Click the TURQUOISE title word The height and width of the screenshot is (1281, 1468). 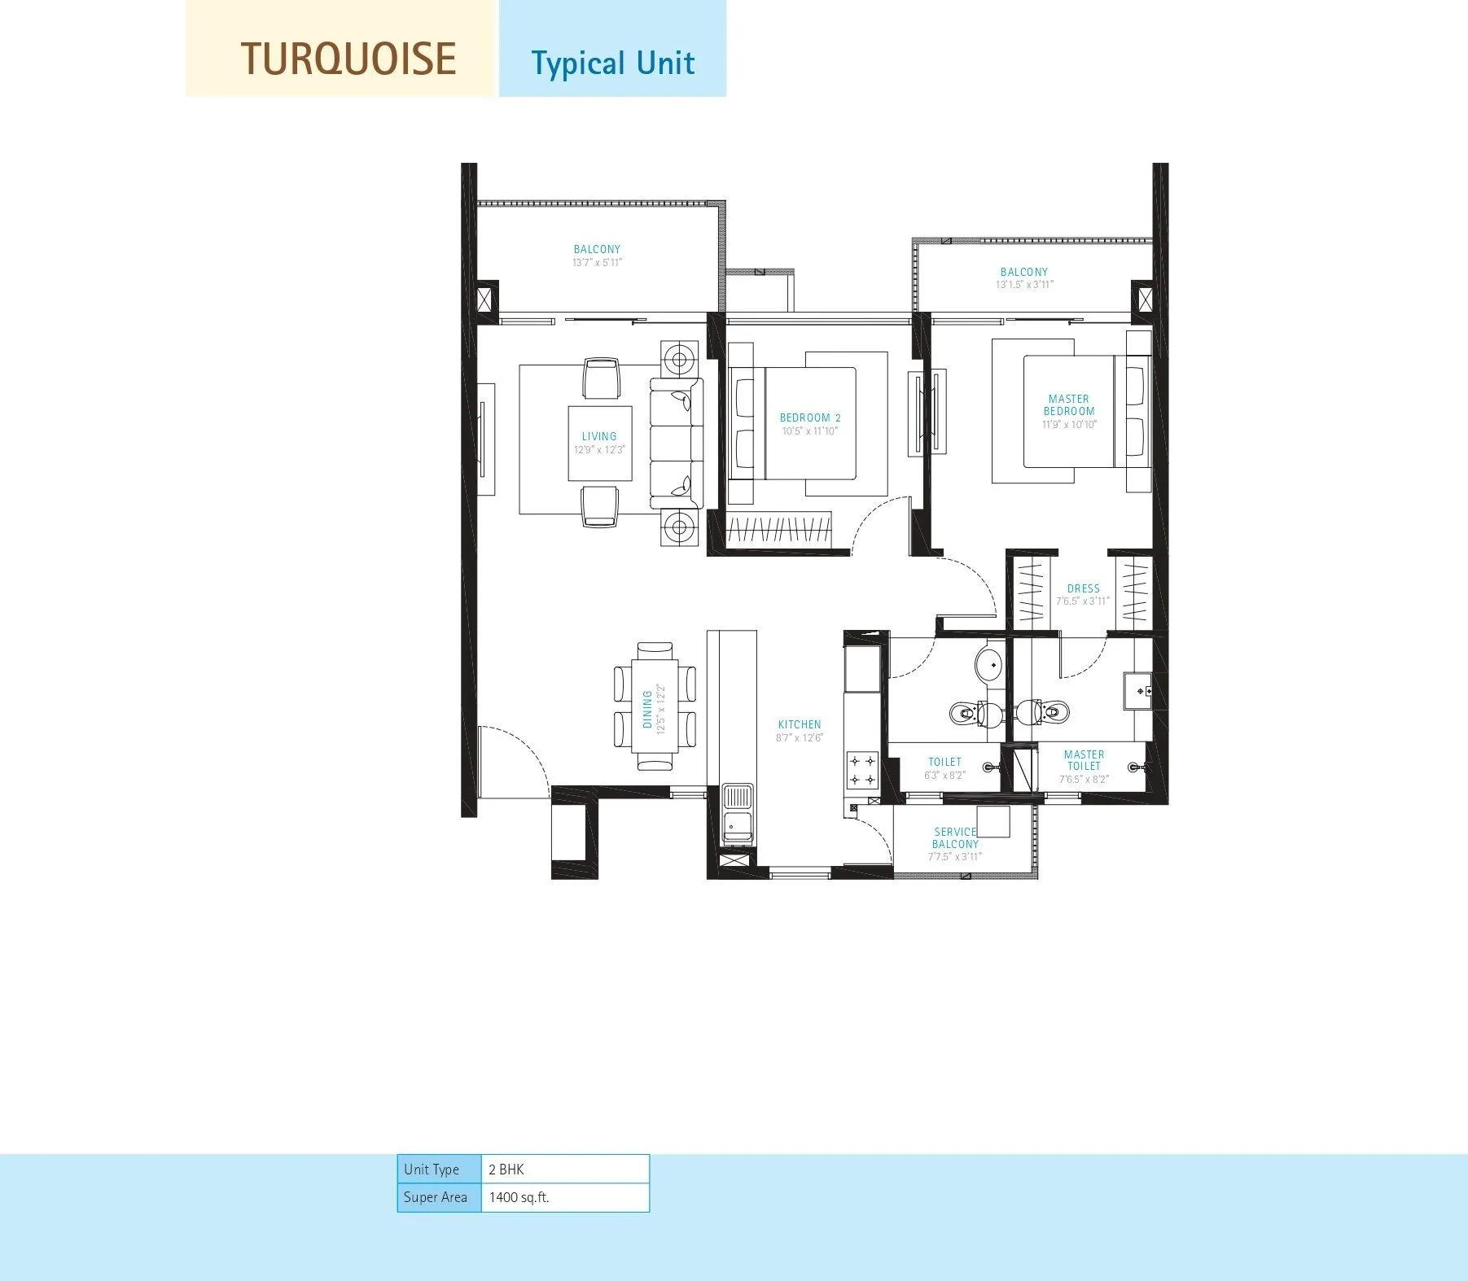(348, 59)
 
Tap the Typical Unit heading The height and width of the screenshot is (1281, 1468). (612, 63)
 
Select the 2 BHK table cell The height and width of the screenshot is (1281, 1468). (564, 1170)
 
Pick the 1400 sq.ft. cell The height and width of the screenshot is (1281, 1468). (564, 1197)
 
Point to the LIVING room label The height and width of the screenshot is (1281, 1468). (599, 436)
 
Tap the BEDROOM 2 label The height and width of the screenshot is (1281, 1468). (809, 418)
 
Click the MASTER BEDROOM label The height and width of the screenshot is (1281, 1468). (1069, 404)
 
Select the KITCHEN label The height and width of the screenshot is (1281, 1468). (800, 724)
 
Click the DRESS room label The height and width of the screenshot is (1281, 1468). (1083, 588)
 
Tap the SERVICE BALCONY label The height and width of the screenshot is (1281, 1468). (954, 837)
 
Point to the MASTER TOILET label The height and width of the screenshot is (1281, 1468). (1084, 760)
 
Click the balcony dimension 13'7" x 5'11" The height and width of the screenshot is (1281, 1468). (598, 263)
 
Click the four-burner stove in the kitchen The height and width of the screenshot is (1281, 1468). (862, 771)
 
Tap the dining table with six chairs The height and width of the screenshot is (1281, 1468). (655, 705)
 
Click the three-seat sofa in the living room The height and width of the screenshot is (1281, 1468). (676, 444)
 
